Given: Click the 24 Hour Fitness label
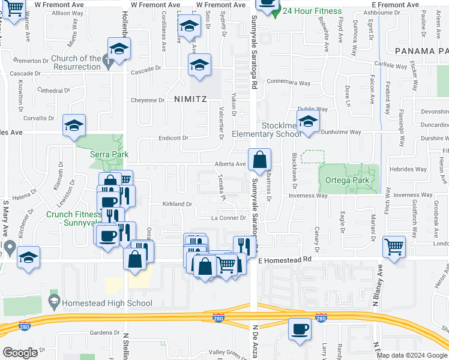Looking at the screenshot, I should pos(312,11).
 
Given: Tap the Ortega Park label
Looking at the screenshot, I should pos(342,181).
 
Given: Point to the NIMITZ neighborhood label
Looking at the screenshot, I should pos(190,99).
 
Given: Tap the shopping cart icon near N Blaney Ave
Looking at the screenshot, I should pos(394,247).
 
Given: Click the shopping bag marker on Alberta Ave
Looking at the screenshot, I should pos(259,160).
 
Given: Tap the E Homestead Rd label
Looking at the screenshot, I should pos(286,260).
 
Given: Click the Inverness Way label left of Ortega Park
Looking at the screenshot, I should pos(308,196).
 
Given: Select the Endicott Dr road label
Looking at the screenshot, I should pos(173,138).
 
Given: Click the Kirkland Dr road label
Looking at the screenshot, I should pos(177,204).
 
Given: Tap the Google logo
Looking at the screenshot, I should pos(20,353).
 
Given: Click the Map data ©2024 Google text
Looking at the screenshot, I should pos(412,355).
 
